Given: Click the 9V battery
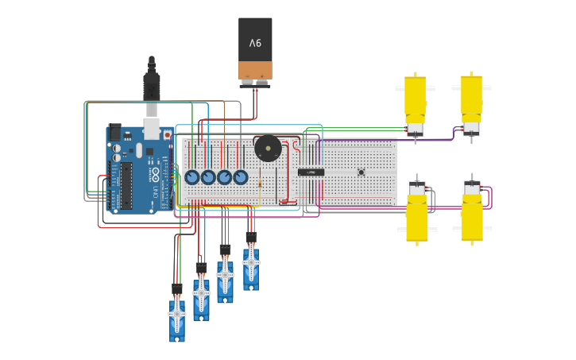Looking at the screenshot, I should click(255, 46).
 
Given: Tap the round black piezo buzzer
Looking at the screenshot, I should click(267, 149).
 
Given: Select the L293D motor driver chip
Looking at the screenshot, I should click(311, 172).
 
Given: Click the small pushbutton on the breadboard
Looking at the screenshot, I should click(361, 172).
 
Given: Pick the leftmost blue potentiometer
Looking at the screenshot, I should click(192, 177).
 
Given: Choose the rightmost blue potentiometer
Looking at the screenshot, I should click(240, 177).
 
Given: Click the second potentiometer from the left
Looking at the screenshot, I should click(208, 177).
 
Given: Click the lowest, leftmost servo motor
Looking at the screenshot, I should click(176, 316).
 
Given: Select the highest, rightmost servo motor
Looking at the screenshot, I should click(251, 264).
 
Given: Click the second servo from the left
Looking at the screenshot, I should click(201, 294).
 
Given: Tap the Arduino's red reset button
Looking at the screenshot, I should click(167, 135).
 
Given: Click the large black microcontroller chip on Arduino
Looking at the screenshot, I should click(126, 185).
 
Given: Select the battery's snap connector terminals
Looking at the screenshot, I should click(255, 81).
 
